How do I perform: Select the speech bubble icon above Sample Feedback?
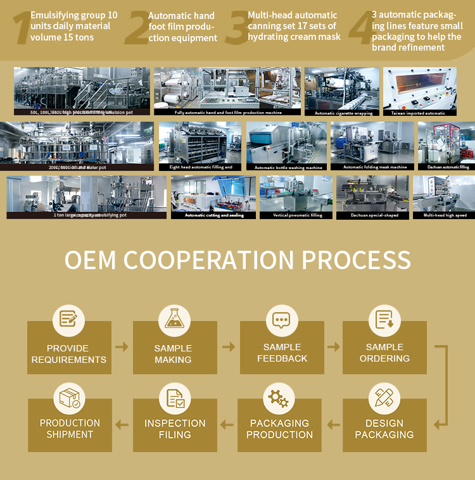coord(281,319)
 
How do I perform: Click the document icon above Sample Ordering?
coord(384,319)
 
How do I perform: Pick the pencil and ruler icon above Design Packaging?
coord(384,398)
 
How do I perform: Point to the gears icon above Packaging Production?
coord(279,398)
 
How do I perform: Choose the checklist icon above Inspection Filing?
coord(175,398)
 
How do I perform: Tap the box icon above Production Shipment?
coord(70,398)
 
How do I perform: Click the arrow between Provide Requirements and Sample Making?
coord(122,347)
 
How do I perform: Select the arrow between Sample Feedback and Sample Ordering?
coord(333,347)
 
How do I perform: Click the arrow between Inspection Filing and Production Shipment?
coord(122,424)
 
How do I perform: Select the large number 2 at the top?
coord(136,29)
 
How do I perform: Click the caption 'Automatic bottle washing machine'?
coord(288,167)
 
